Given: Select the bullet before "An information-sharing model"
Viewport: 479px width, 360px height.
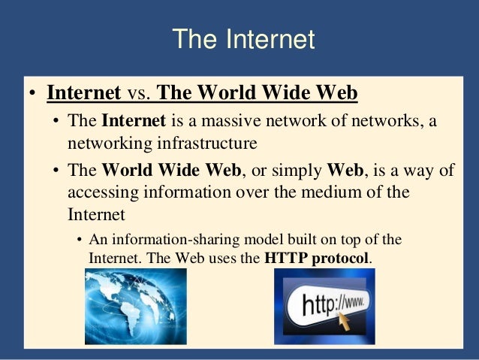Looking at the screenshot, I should [79, 241].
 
